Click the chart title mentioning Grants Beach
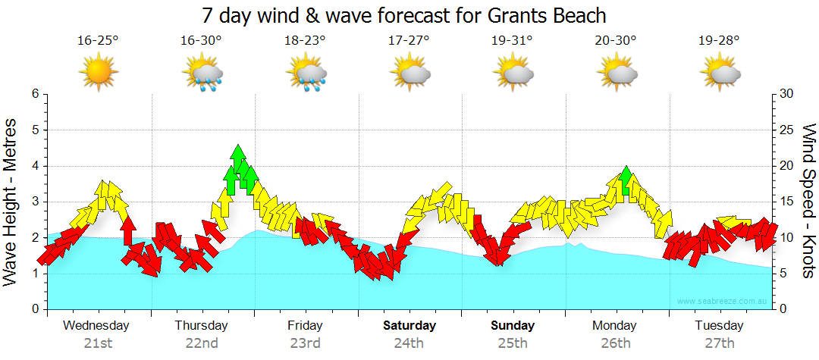pos(405,15)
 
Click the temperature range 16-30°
pos(201,41)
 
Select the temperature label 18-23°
pos(305,41)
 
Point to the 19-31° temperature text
pos(513,41)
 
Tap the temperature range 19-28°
pos(720,41)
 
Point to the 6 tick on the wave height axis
pos(34,94)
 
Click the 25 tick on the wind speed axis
pos(788,130)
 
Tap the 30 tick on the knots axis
pos(788,94)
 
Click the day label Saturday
pos(409,326)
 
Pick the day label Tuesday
pos(720,326)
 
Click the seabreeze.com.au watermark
pos(723,301)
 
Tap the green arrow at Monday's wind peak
pos(626,180)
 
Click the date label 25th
pos(513,343)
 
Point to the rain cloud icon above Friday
pos(306,75)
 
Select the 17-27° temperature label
pos(409,41)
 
